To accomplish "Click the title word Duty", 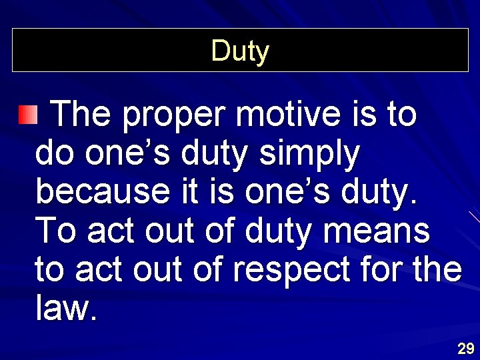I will [x=240, y=51].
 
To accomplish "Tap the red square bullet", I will [x=28, y=115].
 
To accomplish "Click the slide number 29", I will [x=465, y=348].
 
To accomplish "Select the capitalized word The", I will [x=81, y=115].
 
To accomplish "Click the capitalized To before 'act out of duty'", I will [x=57, y=231].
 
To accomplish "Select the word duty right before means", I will [x=279, y=232].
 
